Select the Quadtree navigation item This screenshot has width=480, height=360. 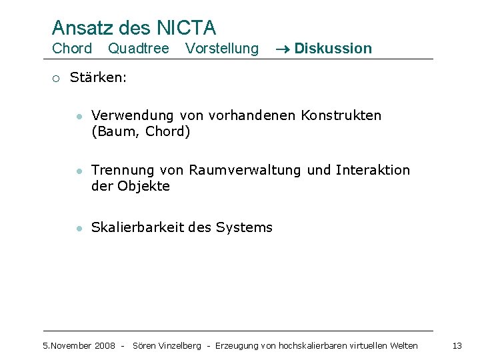pos(139,48)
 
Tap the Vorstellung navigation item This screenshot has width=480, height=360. pos(222,48)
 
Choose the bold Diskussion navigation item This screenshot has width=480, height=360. pos(333,48)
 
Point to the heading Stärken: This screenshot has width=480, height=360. pos(98,77)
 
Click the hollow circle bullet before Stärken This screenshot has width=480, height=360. pos(57,78)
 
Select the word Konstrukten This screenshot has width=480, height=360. pos(341,115)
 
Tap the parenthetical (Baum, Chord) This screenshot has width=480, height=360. pos(141,131)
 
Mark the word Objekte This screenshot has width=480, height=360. pos(143,186)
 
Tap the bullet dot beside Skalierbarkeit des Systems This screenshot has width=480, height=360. pos(79,228)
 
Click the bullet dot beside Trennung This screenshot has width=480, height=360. pos(79,171)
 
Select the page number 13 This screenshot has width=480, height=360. pos(457,345)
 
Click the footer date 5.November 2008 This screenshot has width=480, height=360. pos(79,345)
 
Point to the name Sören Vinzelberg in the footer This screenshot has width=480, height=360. pos(167,345)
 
